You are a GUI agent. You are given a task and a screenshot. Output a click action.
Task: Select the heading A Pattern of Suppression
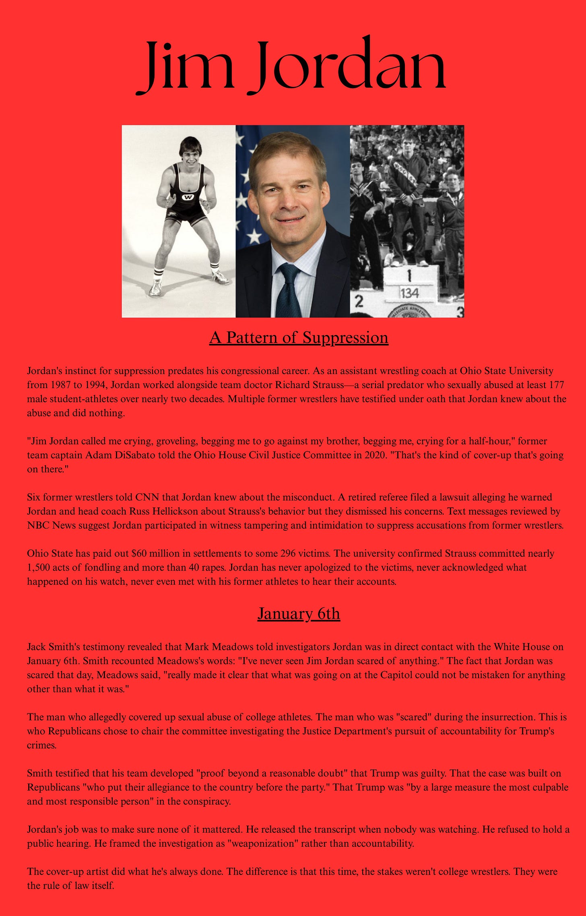(x=299, y=337)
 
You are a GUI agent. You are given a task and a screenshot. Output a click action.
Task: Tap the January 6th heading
(x=299, y=614)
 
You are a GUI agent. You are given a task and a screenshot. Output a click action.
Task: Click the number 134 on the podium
(x=409, y=293)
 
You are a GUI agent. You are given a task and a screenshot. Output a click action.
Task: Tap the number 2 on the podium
(x=359, y=301)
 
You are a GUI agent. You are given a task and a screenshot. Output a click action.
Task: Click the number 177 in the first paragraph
(x=557, y=385)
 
